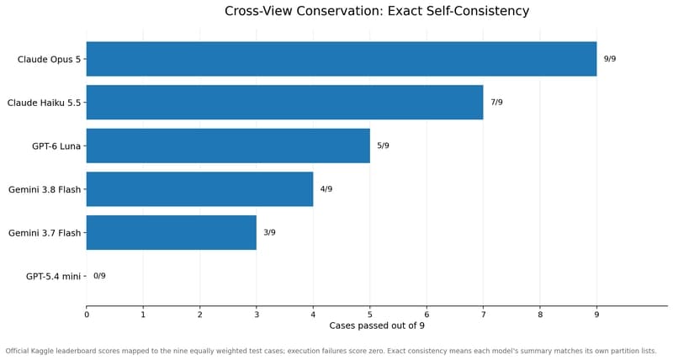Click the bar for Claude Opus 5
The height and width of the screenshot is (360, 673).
tap(342, 59)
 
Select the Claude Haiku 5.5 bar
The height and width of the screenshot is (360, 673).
tap(284, 102)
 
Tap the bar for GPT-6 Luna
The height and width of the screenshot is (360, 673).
tap(228, 146)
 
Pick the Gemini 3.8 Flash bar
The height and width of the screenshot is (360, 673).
tap(199, 188)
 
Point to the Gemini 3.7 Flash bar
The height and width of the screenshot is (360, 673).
tap(172, 232)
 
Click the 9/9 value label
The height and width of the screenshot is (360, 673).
tap(610, 59)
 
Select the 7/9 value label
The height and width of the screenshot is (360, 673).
tap(496, 102)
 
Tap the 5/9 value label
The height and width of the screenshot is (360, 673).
tap(384, 146)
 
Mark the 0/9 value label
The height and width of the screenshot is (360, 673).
tap(99, 276)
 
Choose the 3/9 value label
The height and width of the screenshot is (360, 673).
tap(269, 232)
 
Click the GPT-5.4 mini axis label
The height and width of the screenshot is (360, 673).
tap(53, 277)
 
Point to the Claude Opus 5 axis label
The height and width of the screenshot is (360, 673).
tap(49, 59)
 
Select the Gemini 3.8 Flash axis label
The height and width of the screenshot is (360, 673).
tap(45, 189)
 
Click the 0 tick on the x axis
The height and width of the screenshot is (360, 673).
tap(87, 315)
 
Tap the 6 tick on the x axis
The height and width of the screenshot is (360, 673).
tap(427, 315)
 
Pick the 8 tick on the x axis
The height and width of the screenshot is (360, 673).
tap(540, 315)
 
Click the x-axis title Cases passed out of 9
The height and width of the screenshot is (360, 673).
tap(377, 326)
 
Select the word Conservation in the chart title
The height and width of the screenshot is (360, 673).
tap(341, 11)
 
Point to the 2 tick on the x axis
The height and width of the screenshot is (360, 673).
tap(199, 315)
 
